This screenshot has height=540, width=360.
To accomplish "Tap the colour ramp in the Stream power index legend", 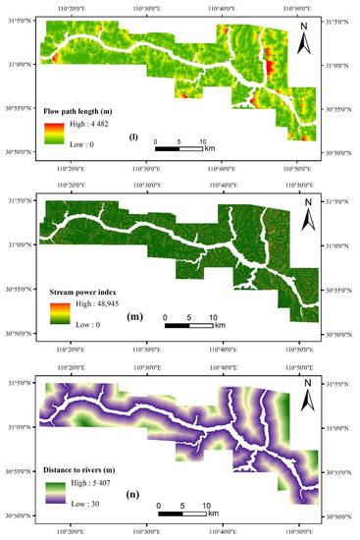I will (x=59, y=313).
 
